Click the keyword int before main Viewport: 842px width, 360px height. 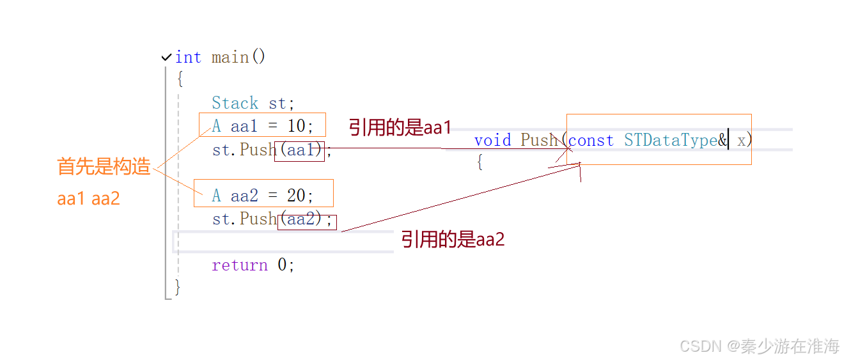point(188,58)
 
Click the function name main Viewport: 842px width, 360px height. point(230,58)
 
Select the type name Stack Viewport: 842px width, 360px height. point(235,104)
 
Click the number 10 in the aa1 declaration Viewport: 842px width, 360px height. point(296,127)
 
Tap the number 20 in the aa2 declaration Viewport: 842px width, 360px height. point(296,195)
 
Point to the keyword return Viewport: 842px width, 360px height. point(240,265)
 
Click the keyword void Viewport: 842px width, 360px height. point(492,141)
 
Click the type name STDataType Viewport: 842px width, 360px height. point(671,141)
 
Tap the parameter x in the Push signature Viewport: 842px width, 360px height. point(742,141)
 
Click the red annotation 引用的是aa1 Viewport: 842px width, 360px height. point(400,127)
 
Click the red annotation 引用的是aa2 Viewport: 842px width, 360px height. point(453,240)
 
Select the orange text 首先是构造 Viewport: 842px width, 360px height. point(104,168)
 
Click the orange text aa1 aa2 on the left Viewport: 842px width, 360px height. point(89,198)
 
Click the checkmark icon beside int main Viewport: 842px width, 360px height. point(167,58)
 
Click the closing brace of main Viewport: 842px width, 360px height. point(178,288)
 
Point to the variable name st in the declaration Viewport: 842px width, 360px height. point(278,104)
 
